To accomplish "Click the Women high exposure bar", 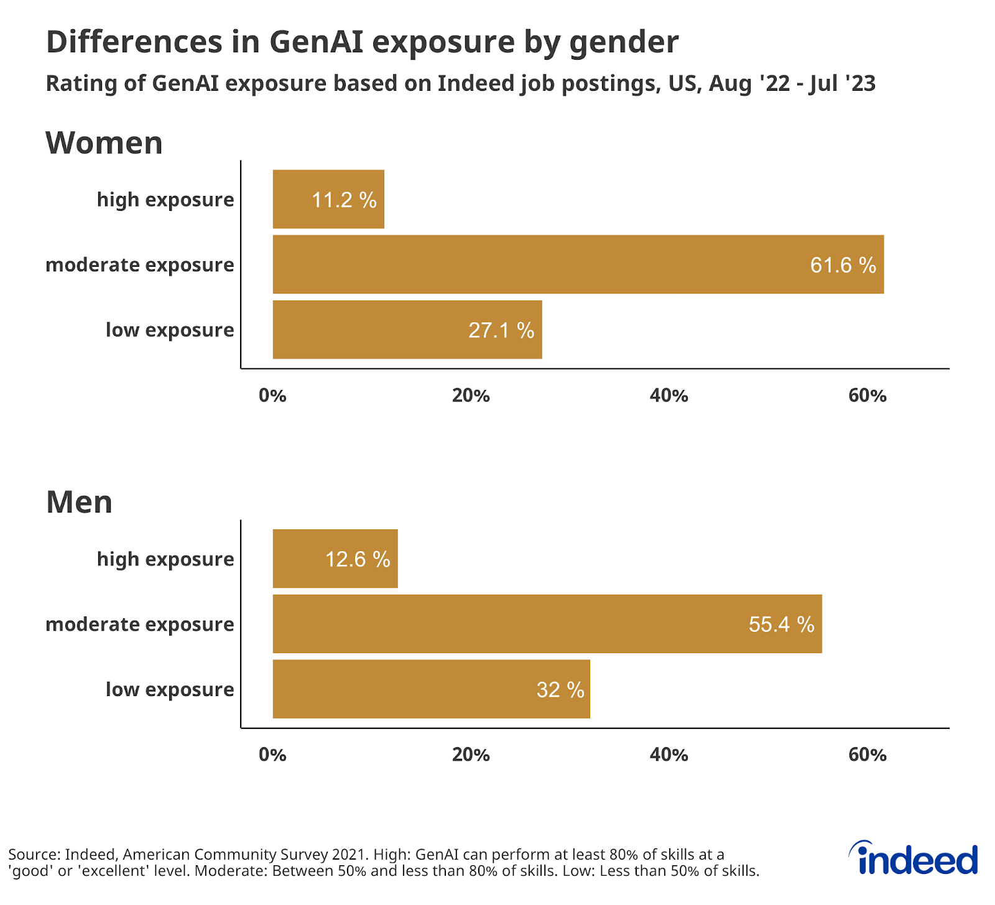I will (x=328, y=199).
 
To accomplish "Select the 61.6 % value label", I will (x=843, y=266).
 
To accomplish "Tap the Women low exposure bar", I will (x=407, y=330).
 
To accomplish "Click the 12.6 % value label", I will (x=358, y=559).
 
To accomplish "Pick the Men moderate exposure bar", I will (x=547, y=624).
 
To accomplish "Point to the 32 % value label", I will (x=560, y=690).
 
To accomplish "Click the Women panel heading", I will (x=104, y=143).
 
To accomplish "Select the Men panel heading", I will (x=79, y=502).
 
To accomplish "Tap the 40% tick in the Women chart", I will (x=669, y=396).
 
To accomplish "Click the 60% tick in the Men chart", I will (x=867, y=755).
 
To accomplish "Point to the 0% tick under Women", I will (x=272, y=396).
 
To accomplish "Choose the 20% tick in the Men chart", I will (x=471, y=755).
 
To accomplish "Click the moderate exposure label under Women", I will (x=140, y=265).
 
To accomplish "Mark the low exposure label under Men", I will (x=170, y=690).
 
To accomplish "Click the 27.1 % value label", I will (x=501, y=330).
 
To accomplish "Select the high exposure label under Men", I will (x=165, y=559).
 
